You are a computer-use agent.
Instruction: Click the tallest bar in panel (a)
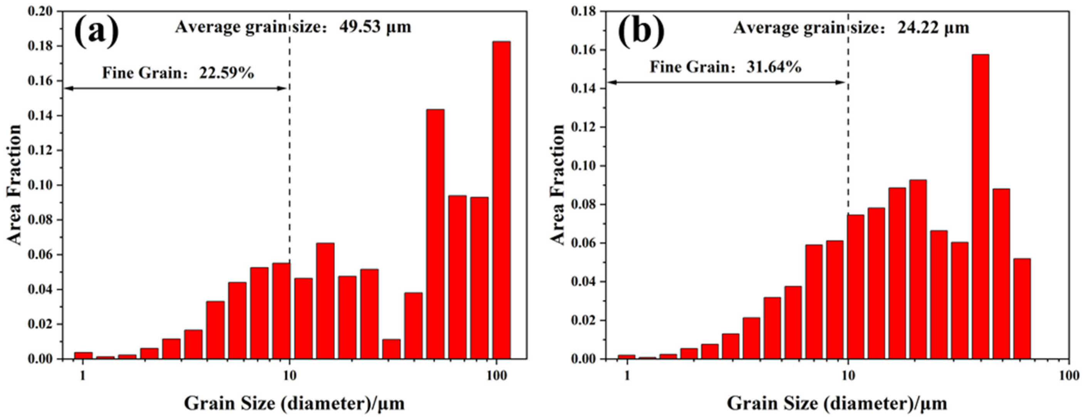click(501, 200)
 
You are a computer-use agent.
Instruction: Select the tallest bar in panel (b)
click(980, 206)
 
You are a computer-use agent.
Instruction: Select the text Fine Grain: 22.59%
click(178, 73)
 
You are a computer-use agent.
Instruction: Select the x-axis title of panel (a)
click(294, 403)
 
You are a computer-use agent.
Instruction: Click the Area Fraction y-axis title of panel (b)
click(559, 185)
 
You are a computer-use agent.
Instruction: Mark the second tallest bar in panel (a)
click(435, 233)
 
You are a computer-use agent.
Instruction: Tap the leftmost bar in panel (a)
click(83, 355)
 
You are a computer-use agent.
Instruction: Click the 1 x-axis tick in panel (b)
click(627, 374)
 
